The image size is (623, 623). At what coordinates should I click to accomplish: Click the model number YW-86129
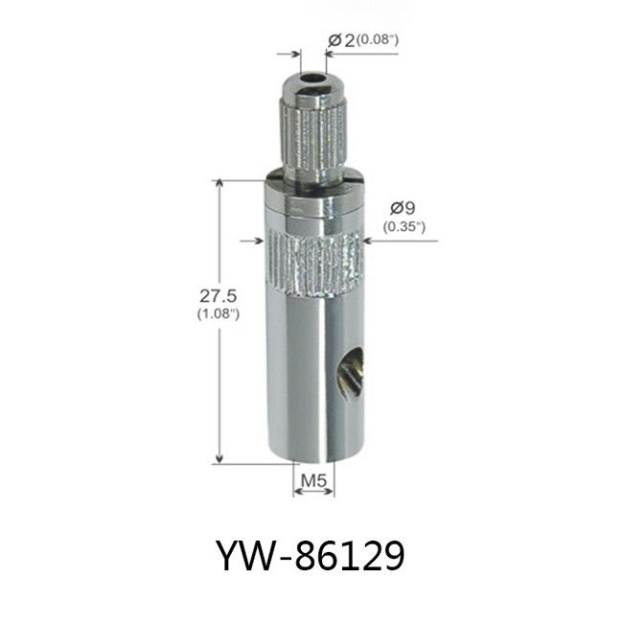(311, 555)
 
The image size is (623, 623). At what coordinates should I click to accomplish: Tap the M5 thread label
(313, 481)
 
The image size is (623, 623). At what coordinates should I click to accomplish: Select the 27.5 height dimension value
(219, 296)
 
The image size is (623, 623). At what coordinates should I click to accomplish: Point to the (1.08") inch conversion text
(219, 313)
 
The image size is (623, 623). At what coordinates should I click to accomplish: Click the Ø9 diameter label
(403, 208)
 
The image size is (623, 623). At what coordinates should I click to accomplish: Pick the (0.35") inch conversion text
(404, 227)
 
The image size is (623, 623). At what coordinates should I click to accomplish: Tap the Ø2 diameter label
(341, 40)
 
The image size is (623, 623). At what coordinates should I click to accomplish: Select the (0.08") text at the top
(377, 39)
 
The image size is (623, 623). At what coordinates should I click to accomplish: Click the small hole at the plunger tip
(312, 78)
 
